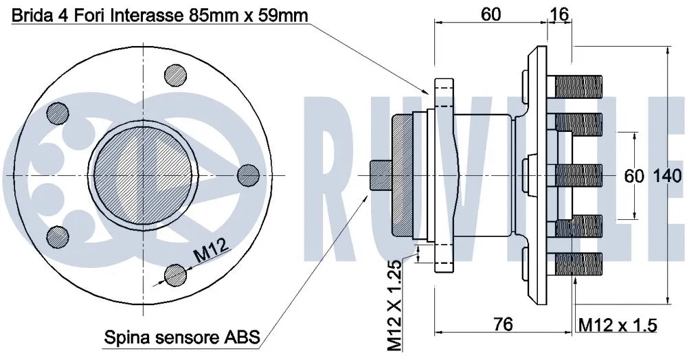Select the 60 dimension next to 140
click(x=633, y=176)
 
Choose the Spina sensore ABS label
click(x=181, y=337)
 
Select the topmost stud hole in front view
click(x=176, y=75)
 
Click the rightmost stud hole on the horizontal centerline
click(x=247, y=175)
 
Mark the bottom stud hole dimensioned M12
click(x=175, y=275)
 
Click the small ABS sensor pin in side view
click(x=380, y=175)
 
